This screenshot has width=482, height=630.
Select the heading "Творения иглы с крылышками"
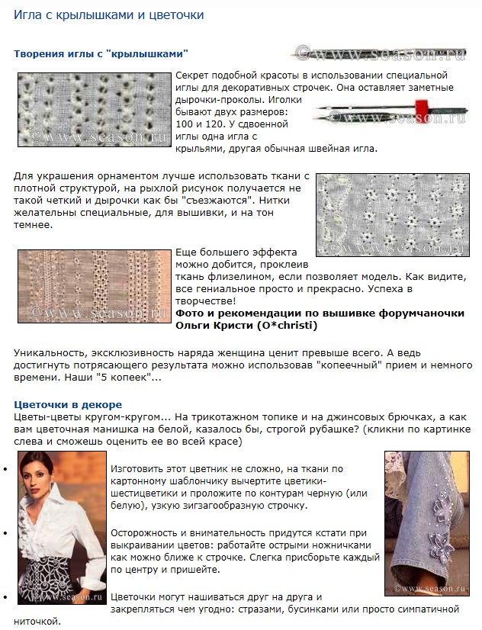[x=101, y=53]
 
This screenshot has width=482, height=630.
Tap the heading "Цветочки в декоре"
[x=68, y=404]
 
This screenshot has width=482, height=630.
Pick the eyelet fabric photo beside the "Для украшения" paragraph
[x=392, y=214]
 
